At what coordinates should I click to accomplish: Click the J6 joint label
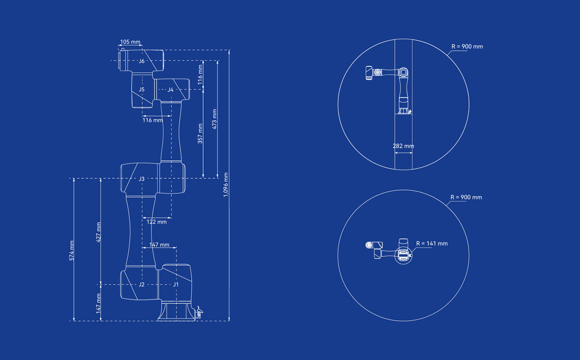coord(142,61)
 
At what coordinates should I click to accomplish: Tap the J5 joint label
coord(142,89)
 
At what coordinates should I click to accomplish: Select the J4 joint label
coord(170,90)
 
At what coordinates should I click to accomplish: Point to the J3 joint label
coord(142,179)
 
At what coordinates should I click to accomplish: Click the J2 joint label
coord(142,284)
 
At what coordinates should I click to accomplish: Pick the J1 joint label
coord(176,284)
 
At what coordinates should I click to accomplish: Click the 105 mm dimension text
coord(130,42)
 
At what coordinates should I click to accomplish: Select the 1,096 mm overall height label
coord(226,185)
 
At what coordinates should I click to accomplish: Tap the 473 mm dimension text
coord(214,119)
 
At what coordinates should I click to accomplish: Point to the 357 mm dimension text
coord(200,133)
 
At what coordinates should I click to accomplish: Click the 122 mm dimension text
coord(156,222)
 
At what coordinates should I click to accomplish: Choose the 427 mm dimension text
coord(99,232)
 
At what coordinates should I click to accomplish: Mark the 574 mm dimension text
coord(72,250)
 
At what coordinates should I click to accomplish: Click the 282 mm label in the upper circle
coord(403,146)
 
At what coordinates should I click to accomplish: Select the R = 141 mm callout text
coord(432,244)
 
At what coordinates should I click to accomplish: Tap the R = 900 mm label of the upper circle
coord(467,47)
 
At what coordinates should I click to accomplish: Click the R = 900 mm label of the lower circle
coord(466,197)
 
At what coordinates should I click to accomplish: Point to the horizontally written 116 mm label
coord(152,120)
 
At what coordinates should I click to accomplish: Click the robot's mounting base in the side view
coord(177,311)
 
